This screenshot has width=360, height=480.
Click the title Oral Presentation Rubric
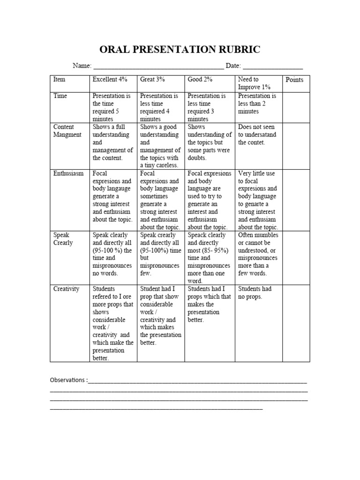(180, 50)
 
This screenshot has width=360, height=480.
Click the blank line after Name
(158, 67)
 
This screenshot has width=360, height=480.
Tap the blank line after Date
(272, 67)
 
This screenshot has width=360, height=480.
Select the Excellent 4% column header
(110, 79)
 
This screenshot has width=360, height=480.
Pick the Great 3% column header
(152, 79)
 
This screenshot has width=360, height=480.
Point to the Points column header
(294, 80)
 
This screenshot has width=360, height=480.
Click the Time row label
(60, 96)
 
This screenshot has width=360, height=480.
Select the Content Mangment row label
(67, 131)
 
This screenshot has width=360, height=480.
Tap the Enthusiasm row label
(68, 173)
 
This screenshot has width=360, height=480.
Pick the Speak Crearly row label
(64, 239)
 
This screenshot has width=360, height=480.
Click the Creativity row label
(67, 289)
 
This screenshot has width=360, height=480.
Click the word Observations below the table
(68, 380)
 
